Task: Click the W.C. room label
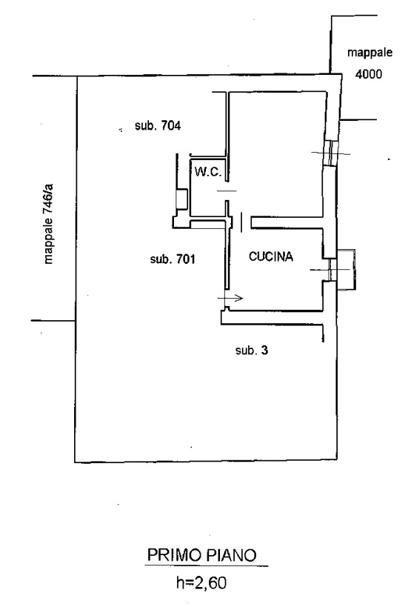[x=208, y=171]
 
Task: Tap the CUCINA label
[x=271, y=256]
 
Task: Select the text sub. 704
[x=158, y=125]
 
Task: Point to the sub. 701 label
[x=173, y=259]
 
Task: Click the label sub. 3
[x=252, y=350]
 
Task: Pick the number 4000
[x=368, y=74]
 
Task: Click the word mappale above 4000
[x=370, y=53]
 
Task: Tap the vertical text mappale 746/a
[x=48, y=225]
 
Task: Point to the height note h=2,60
[x=201, y=583]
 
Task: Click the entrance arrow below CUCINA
[x=230, y=298]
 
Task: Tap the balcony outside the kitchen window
[x=347, y=270]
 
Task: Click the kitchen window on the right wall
[x=331, y=270]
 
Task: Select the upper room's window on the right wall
[x=331, y=153]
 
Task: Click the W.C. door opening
[x=227, y=191]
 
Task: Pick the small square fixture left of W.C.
[x=181, y=199]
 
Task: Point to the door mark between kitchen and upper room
[x=241, y=222]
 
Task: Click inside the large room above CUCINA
[x=275, y=154]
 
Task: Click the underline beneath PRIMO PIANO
[x=207, y=566]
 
